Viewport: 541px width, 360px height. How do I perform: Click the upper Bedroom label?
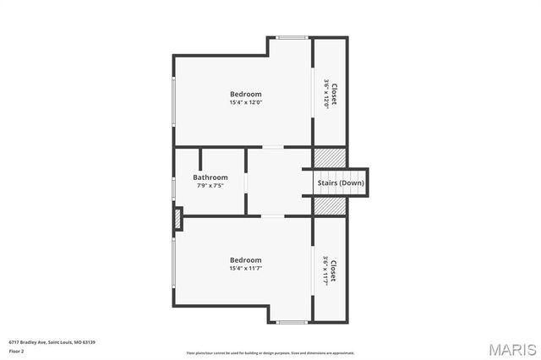coord(245,94)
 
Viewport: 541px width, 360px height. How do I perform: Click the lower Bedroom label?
coord(245,260)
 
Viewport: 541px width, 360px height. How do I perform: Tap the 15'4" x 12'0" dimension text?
coord(245,102)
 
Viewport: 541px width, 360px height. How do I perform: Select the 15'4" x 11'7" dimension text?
coord(245,269)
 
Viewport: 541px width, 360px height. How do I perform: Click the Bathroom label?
coord(210,177)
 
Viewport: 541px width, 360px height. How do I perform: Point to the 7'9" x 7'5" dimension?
coord(210,186)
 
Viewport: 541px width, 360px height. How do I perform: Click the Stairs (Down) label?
coord(341,183)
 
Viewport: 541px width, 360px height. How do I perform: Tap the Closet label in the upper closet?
coord(334,93)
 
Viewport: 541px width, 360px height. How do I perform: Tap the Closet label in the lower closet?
coord(334,270)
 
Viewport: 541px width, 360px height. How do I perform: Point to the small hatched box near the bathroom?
coord(178,219)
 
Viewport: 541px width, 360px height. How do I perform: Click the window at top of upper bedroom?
coord(292,37)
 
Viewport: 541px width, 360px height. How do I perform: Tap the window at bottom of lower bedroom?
coord(292,322)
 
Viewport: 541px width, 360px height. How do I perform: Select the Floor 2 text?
coord(17,350)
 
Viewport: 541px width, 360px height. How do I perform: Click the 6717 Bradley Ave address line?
coord(52,341)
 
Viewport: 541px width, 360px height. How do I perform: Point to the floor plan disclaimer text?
coord(270,352)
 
